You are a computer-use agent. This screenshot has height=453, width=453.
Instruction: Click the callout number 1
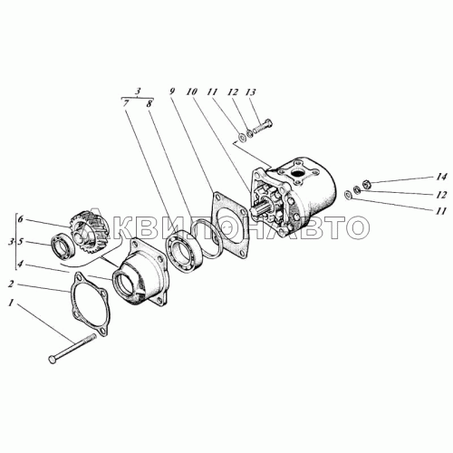pos(11,303)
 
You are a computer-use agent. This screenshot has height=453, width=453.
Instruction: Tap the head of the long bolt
pos(53,360)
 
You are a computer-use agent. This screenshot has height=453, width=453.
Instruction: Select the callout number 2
pos(11,284)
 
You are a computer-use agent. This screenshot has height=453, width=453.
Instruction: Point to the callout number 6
pos(20,219)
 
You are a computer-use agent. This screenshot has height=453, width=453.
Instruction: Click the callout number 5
pos(20,242)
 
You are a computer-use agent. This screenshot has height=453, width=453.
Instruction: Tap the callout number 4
pos(20,265)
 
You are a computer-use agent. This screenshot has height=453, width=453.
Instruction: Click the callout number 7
pos(126,103)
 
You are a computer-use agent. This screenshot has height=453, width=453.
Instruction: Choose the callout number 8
pos(149,103)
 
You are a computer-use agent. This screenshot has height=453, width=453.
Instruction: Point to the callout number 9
pos(172,92)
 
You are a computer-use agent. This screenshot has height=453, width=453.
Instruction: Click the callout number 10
pos(192,92)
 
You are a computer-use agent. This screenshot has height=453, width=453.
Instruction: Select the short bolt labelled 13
pos(262,127)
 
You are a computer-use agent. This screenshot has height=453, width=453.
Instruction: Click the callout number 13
pos(250,92)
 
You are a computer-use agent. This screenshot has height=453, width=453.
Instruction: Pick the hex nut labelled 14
pos(366,183)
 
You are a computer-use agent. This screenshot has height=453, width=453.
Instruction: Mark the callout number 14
pos(440,177)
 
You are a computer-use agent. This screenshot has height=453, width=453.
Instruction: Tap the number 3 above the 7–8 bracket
pos(138,92)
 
